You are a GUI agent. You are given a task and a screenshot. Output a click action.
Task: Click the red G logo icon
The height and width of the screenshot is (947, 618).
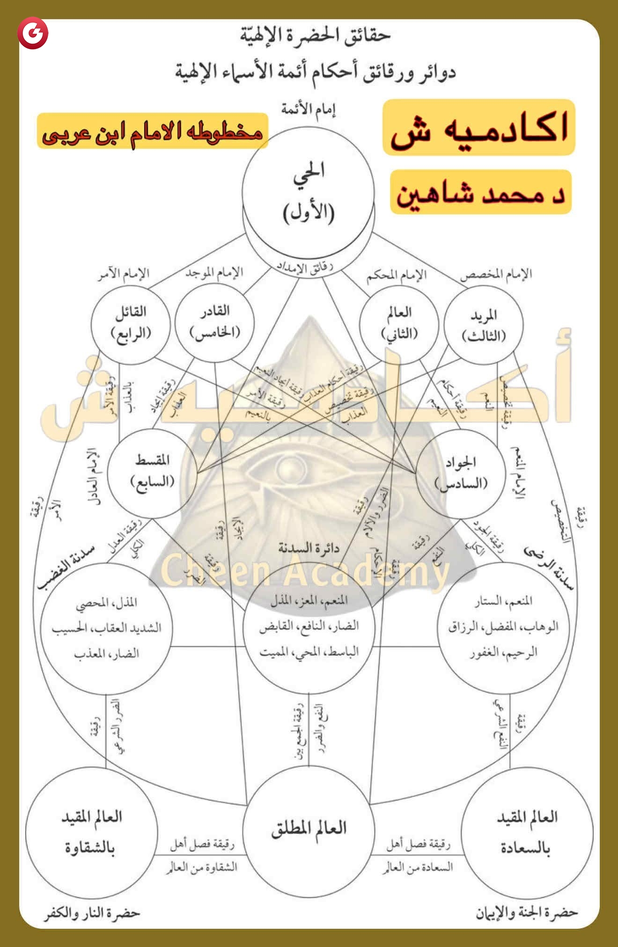(33, 33)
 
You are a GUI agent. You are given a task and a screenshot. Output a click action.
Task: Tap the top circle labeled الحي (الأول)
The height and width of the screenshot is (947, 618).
(308, 192)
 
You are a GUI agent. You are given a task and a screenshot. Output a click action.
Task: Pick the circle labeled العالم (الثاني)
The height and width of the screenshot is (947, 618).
(399, 324)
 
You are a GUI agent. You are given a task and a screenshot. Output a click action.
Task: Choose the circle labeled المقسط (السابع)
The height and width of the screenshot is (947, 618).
(152, 473)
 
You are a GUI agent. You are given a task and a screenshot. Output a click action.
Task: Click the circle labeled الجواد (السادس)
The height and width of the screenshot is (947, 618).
(461, 473)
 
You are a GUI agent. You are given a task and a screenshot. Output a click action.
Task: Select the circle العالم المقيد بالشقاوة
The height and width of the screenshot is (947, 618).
(91, 833)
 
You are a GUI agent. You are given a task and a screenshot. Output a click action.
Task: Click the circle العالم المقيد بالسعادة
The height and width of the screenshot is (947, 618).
(527, 833)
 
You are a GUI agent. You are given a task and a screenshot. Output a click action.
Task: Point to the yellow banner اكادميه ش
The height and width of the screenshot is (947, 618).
(478, 127)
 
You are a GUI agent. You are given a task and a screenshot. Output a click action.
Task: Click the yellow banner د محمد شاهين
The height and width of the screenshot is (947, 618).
(481, 192)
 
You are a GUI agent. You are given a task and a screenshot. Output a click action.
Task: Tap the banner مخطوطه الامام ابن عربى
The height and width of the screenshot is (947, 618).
(152, 131)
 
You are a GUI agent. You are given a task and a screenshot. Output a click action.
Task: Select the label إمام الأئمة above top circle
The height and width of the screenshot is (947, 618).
(308, 109)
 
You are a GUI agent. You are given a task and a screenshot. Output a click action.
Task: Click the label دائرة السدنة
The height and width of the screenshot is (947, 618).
(309, 548)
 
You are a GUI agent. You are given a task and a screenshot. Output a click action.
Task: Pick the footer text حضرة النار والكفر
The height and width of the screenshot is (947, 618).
(92, 913)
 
